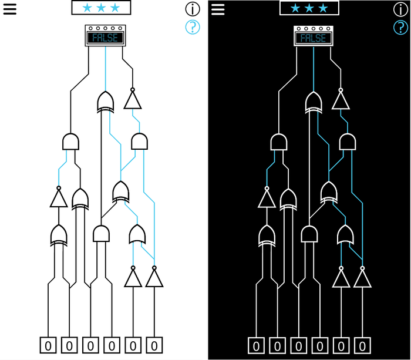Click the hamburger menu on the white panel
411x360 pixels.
coord(10,9)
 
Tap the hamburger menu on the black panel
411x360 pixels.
coord(218,9)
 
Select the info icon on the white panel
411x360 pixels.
coord(193,9)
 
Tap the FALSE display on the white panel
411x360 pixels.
coord(105,38)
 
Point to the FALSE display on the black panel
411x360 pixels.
coord(313,38)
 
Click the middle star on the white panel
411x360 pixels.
coord(101,8)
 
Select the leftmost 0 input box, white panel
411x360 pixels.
coord(48,345)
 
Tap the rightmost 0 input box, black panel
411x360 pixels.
coord(363,345)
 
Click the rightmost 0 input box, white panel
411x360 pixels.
coord(154,345)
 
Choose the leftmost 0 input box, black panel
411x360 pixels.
coord(256,345)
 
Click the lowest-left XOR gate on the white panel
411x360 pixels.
coord(58,235)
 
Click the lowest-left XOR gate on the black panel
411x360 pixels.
coord(267,235)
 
